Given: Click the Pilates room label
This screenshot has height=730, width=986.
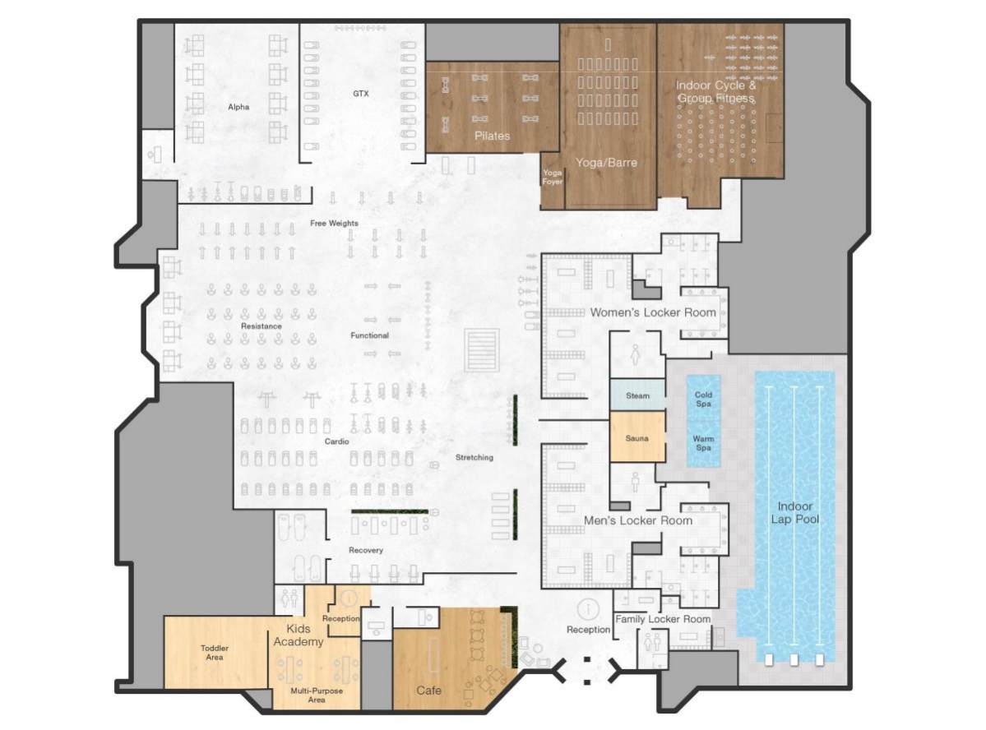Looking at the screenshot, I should coord(492,136).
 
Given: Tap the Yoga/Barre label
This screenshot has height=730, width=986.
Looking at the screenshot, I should coord(606,163).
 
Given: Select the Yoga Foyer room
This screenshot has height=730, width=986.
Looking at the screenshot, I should coord(552,178).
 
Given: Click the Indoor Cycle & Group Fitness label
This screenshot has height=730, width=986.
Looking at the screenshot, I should coord(715,92).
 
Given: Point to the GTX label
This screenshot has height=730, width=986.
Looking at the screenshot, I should coord(361,94).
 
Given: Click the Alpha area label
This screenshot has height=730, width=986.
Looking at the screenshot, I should coord(238,107).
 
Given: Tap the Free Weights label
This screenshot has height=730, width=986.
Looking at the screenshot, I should coord(334,224).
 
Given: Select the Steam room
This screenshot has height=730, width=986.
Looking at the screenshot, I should coord(637,396).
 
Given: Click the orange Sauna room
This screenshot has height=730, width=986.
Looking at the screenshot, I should coord(637,438).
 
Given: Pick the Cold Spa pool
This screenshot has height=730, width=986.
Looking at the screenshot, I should coord(703,399).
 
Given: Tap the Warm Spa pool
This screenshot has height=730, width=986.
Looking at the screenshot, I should coord(703,443).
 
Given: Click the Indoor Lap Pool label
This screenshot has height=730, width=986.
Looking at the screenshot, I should coord(794,512).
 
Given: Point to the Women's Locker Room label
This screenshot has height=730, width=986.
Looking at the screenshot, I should coord(652,312).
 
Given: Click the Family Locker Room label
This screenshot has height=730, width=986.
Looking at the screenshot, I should coord(663,619).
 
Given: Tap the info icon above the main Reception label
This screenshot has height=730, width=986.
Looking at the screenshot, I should coord(588,609).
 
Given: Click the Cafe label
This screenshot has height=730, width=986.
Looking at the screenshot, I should coord(428,691).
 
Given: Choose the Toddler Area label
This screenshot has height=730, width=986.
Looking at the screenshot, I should coord(215,653).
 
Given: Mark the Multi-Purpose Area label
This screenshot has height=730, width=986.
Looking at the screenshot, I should coord(317,696).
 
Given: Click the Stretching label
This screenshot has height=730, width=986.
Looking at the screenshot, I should coord(474,458).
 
